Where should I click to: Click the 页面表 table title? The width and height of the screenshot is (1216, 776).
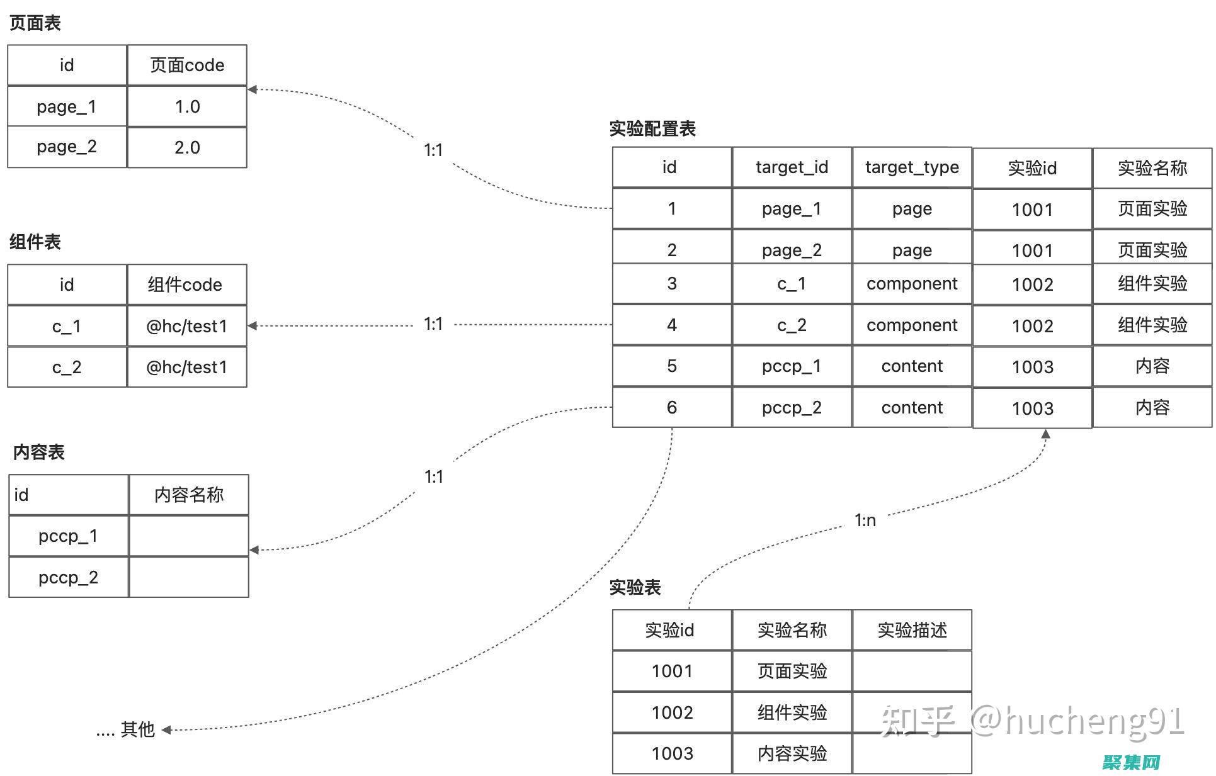coord(35,23)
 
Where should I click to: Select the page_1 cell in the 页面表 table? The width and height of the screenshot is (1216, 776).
coord(67,106)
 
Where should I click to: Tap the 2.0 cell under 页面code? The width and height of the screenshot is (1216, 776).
coord(187,147)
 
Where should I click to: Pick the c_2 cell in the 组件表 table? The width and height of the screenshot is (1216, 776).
coord(67,367)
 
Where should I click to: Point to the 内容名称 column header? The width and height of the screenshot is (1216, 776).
coord(189,495)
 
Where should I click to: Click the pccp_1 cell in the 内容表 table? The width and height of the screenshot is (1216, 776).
coord(68,536)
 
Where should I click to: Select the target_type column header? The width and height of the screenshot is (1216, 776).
coord(912,167)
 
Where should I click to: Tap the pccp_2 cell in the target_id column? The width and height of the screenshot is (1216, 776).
coord(792,407)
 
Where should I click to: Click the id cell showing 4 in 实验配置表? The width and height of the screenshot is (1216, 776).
coord(672,325)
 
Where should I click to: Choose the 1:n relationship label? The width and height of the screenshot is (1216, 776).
coord(865,520)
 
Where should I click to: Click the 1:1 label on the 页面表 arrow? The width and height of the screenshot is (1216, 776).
coord(433,150)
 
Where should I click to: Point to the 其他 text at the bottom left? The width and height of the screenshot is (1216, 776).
coord(137,729)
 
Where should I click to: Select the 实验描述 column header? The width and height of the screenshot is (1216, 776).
coord(912,630)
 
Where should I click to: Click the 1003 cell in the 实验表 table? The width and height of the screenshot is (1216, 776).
coord(672,753)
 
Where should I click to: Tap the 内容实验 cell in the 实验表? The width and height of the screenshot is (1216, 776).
coord(792,753)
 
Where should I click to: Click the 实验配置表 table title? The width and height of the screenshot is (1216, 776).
coord(652,128)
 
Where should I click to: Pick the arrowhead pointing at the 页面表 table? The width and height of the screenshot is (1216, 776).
coord(253,89)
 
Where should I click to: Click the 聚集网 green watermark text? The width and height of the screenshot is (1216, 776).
coord(1132,762)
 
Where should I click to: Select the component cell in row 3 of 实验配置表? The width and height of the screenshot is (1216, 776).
coord(912,284)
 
